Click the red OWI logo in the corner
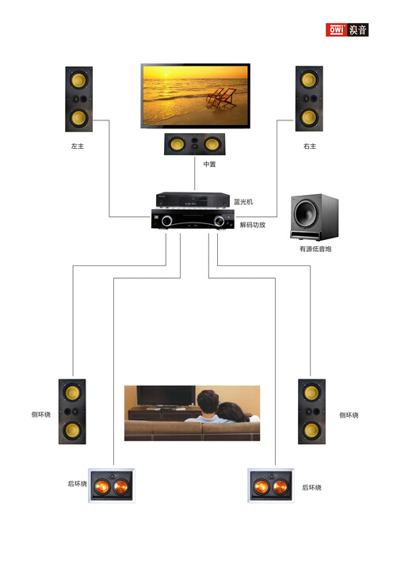point(336,29)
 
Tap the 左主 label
point(78,146)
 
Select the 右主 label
point(310,146)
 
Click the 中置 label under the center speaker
point(209,164)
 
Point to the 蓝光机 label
point(243,202)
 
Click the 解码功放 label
point(253,225)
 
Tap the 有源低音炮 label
point(315,249)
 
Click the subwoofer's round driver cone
point(307,213)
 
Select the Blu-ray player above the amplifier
point(193,200)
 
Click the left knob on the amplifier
point(166,220)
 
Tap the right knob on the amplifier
point(219,220)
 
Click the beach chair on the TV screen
point(221,97)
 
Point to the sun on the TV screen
point(166,75)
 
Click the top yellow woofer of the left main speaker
point(78,80)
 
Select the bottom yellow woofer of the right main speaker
point(309,117)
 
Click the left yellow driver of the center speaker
point(177,144)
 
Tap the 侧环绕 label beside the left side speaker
point(41,414)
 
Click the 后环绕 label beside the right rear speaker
point(311,487)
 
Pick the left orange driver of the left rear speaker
point(101,486)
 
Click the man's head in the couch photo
point(208,402)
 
